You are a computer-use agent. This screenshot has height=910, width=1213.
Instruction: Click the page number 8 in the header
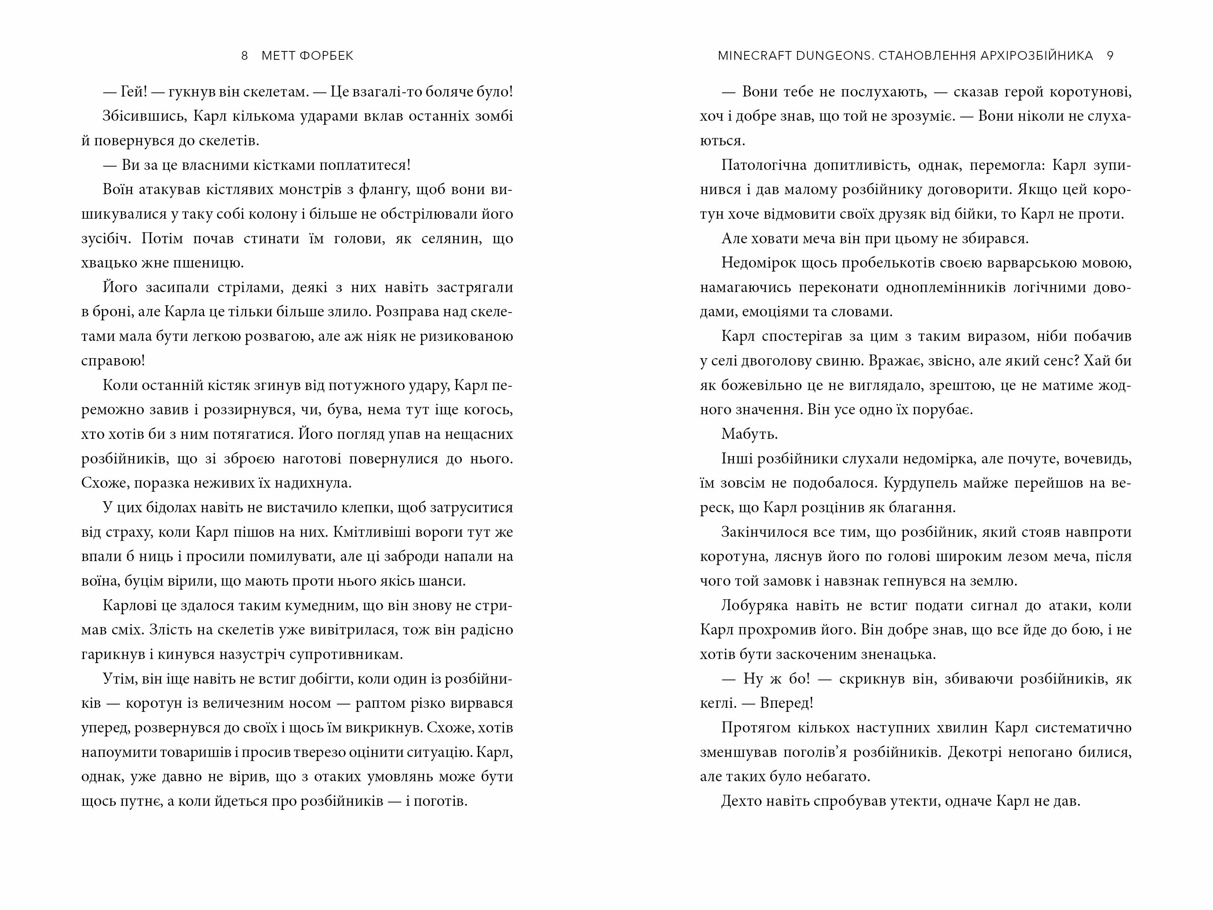click(245, 56)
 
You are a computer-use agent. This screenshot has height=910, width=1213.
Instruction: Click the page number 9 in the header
click(1110, 56)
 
